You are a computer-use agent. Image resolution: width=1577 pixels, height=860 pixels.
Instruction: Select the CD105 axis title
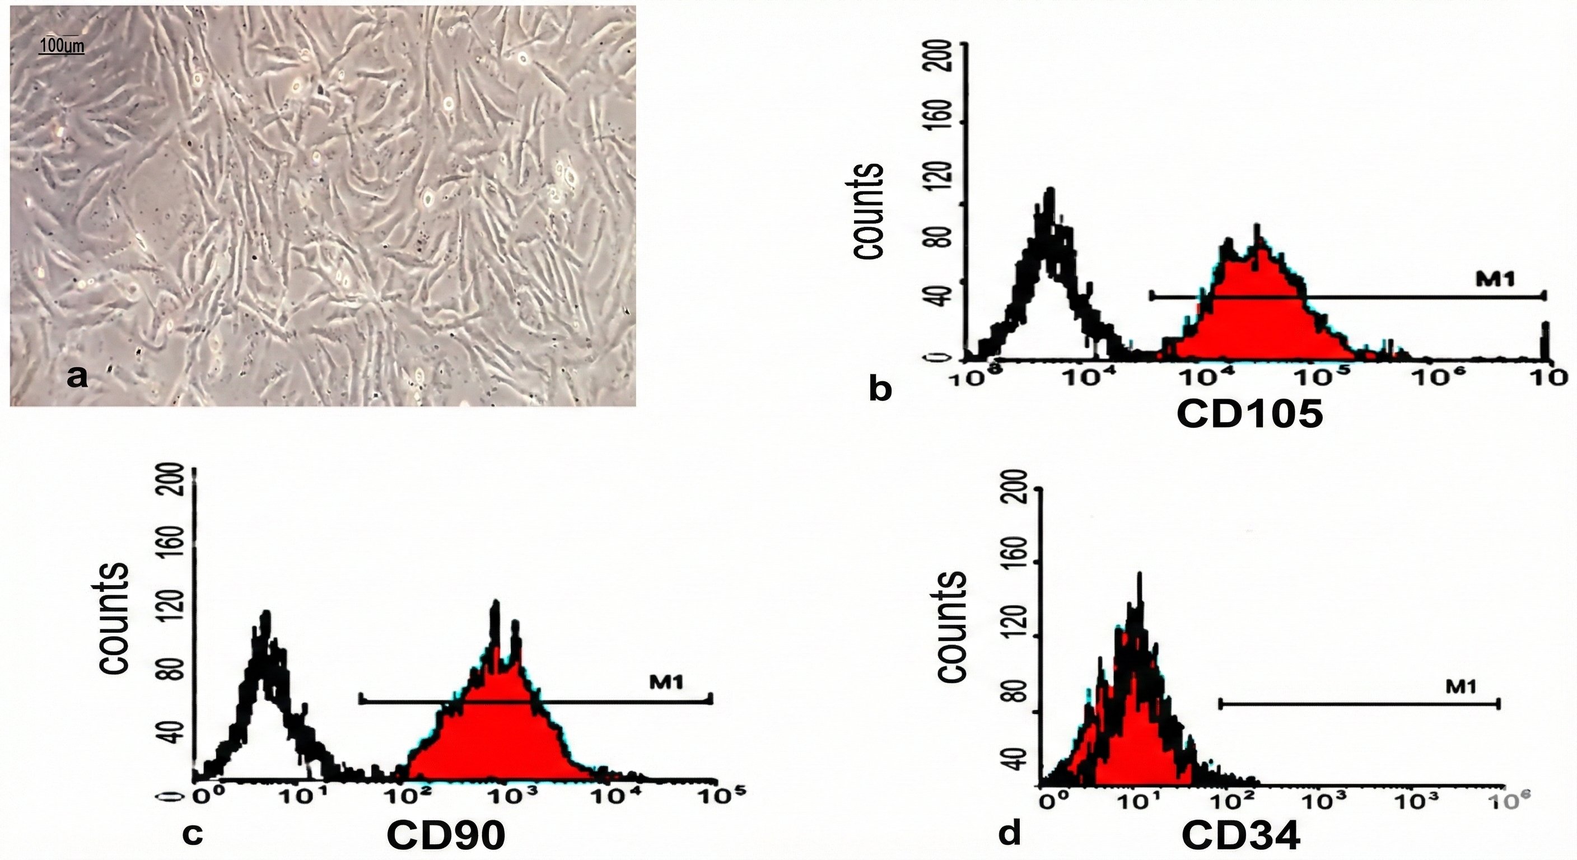click(x=1249, y=414)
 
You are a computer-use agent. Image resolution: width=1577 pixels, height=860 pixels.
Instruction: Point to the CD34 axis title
click(x=1240, y=835)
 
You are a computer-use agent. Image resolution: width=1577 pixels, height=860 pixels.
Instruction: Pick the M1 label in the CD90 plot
click(x=666, y=681)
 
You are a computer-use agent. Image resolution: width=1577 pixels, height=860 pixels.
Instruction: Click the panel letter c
click(x=192, y=834)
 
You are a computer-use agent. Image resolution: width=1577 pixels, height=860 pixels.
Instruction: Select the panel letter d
click(x=1010, y=834)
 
